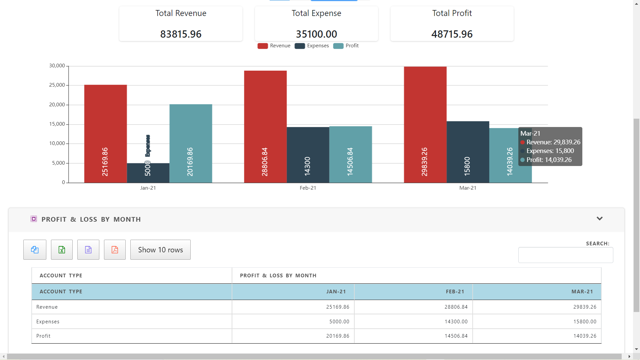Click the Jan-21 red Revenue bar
(105, 133)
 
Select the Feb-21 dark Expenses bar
(308, 155)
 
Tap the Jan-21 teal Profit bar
(191, 143)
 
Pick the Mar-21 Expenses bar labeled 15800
(468, 152)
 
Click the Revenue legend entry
(274, 46)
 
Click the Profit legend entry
(346, 46)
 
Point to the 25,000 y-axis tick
(57, 85)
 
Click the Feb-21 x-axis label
(308, 188)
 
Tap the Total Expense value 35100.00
(316, 34)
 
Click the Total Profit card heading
(452, 13)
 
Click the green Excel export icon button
(62, 250)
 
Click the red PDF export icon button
(115, 250)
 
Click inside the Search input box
(565, 255)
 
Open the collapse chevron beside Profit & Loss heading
(599, 219)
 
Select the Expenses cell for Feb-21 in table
(456, 322)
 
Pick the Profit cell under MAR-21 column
(585, 336)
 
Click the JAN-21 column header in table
(336, 292)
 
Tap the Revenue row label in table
(47, 307)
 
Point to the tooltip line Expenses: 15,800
(550, 151)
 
